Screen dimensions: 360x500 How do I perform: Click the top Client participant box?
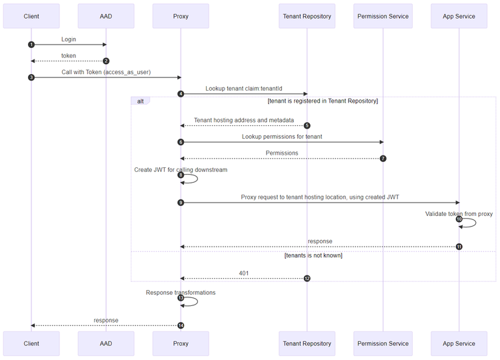point(31,16)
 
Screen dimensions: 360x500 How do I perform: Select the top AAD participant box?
point(105,16)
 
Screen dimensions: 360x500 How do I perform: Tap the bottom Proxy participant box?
point(180,343)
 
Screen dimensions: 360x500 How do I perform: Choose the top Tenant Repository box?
point(307,16)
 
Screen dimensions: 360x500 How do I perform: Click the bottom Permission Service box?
point(383,343)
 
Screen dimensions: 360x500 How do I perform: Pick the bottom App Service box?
point(459,343)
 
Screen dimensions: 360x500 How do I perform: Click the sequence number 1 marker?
point(31,45)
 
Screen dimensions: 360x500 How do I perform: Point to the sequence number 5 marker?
point(307,125)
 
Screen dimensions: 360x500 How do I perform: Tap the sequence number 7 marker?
point(383,158)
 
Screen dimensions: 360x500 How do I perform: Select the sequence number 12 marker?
point(307,278)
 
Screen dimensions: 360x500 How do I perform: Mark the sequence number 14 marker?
point(180,325)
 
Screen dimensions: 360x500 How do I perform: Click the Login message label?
point(68,39)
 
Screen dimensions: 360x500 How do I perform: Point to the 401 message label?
point(244,273)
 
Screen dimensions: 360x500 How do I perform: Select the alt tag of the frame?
point(141,101)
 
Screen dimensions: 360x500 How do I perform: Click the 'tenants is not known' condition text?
point(313,255)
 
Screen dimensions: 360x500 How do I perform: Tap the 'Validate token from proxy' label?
point(459,213)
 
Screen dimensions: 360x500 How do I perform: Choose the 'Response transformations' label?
point(181,292)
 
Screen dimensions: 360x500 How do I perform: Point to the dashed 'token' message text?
point(68,56)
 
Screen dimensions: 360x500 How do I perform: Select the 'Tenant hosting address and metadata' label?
point(244,120)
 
